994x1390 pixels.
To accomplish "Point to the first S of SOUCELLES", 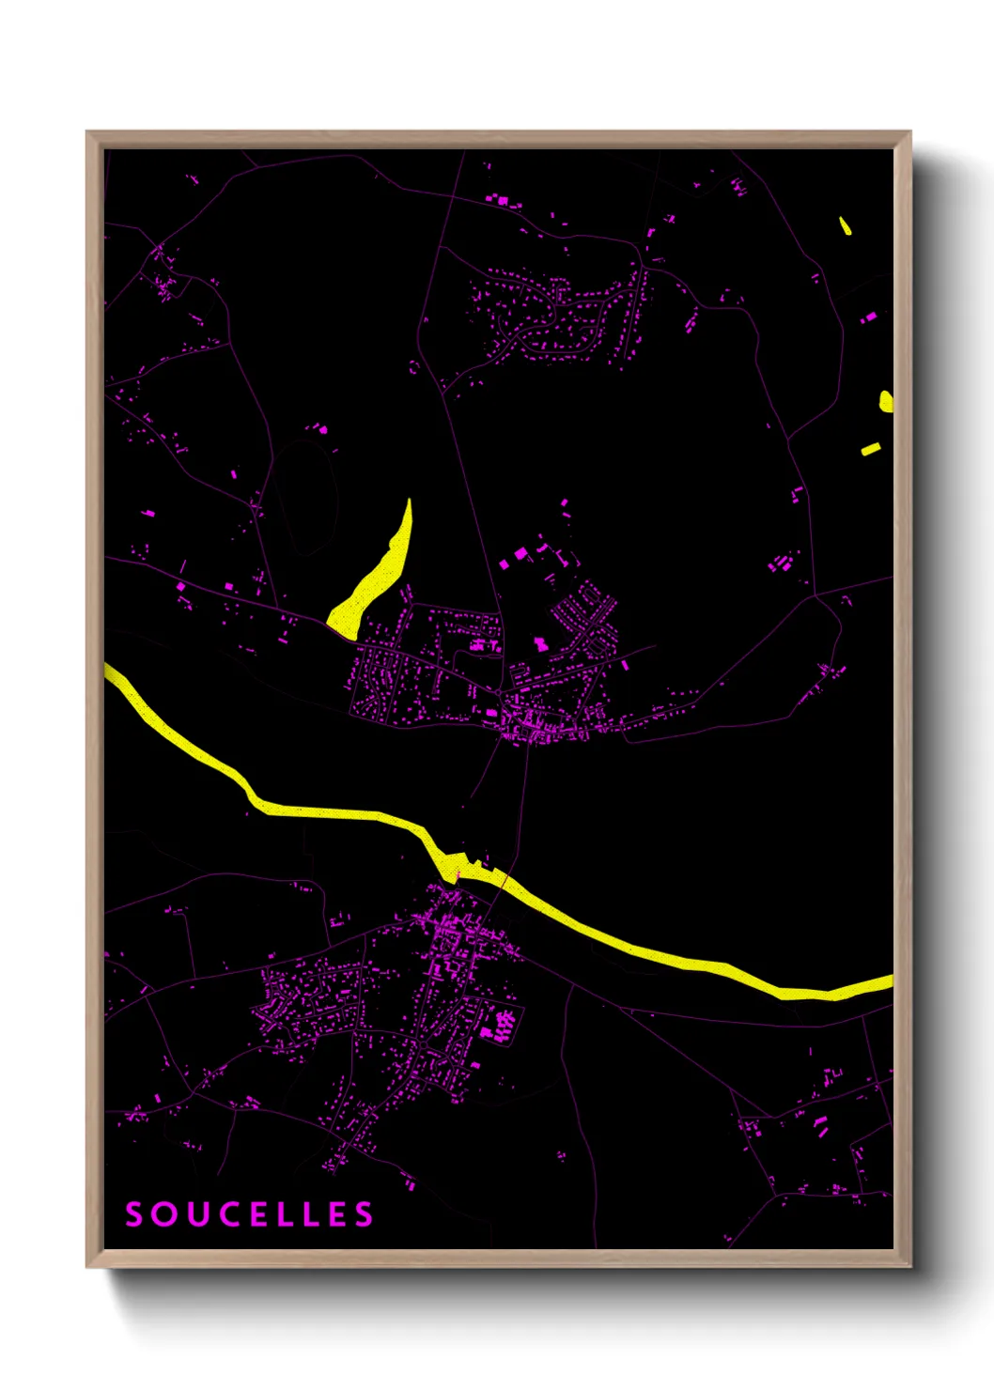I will pos(134,1214).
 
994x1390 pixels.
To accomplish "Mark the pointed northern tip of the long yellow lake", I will pos(410,502).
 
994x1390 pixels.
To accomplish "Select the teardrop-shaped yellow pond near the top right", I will pos(845,225).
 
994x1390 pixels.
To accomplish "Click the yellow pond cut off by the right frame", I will pos(886,402).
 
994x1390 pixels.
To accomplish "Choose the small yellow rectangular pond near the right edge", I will pos(871,449).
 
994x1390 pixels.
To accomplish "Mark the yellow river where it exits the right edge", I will pos(888,981).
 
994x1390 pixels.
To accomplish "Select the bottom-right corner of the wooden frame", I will pos(909,1266).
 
